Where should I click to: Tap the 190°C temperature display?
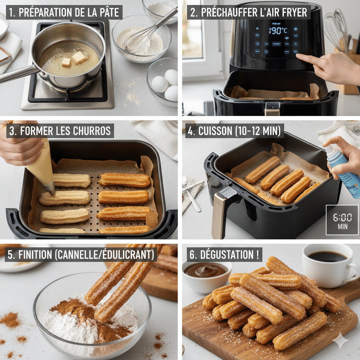tap(278, 31)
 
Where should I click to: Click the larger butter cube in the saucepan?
tap(79, 57)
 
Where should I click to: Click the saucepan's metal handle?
tap(16, 74)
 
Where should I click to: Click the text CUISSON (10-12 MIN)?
tap(234, 131)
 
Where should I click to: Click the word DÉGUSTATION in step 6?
tap(222, 255)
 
